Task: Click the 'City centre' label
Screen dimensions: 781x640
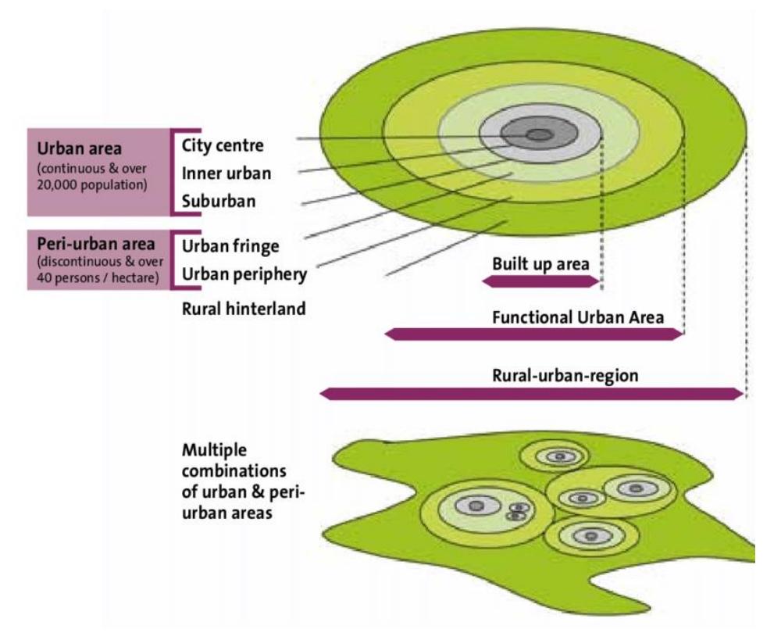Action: (x=222, y=145)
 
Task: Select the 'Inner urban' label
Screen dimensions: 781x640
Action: (x=226, y=173)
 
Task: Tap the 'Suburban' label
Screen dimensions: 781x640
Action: (x=219, y=202)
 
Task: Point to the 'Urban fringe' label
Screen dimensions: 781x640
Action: (x=230, y=246)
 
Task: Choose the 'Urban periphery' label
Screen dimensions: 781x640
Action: (x=244, y=274)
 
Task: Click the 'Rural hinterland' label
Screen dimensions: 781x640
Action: (x=244, y=309)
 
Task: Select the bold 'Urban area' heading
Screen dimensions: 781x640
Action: (x=79, y=148)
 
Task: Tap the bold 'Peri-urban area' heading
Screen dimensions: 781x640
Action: (x=96, y=244)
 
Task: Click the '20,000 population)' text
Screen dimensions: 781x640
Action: (x=92, y=185)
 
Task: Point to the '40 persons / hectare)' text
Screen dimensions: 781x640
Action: (x=98, y=277)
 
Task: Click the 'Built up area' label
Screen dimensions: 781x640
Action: (x=540, y=263)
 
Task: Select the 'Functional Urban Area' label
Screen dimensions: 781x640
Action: (x=578, y=317)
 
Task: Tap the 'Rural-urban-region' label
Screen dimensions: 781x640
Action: (x=565, y=375)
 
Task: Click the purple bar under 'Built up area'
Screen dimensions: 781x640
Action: (x=540, y=281)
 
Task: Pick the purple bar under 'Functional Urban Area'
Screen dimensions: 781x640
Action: (x=534, y=334)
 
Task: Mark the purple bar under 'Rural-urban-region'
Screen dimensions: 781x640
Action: (x=531, y=394)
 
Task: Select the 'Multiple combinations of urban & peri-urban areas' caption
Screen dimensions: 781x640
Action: (x=243, y=481)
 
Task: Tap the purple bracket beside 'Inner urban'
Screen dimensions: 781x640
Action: (x=173, y=173)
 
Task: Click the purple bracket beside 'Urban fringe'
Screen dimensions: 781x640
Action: (x=173, y=260)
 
